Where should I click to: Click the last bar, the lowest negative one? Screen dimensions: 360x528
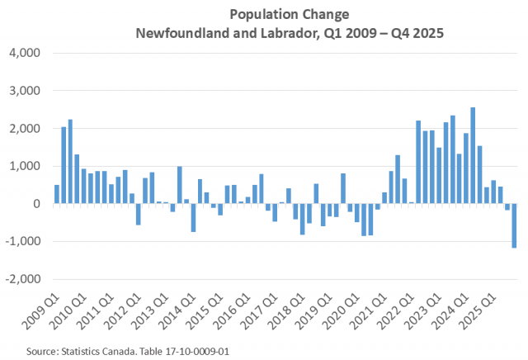pos(514,225)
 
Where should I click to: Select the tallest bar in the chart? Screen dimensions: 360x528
pos(473,155)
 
